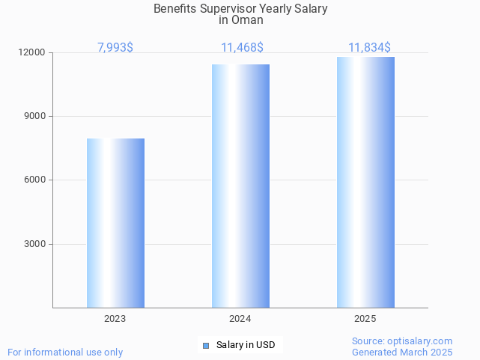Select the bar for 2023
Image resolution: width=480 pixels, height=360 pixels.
coord(115,223)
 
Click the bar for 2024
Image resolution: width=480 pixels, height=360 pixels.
coord(240,186)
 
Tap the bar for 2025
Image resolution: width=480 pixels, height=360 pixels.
coord(365,183)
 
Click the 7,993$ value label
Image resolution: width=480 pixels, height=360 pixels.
coord(115,48)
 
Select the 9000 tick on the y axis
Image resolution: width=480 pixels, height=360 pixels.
coord(34,117)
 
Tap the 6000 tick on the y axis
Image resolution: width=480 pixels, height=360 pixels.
coord(34,180)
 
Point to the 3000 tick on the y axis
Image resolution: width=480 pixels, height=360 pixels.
coord(34,244)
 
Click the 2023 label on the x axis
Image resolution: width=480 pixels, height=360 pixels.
coord(115,319)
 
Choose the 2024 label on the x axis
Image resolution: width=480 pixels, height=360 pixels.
coord(240,319)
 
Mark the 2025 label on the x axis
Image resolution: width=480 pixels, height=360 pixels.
coord(365,319)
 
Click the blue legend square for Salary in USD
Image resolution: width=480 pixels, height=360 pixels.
coord(206,345)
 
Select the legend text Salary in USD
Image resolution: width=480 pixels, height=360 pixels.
coord(245,345)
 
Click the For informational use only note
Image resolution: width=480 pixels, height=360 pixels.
coord(65,352)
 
